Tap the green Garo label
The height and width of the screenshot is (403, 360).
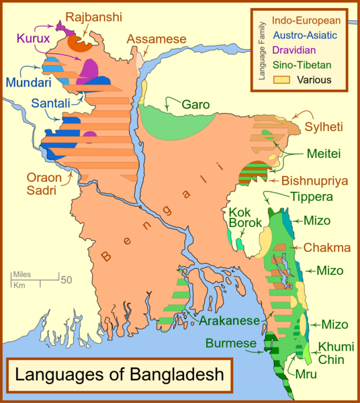click(x=195, y=105)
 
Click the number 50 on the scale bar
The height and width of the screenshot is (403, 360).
click(x=67, y=279)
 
